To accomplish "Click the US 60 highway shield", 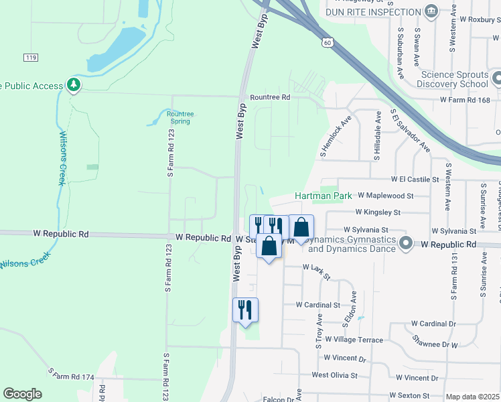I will click(326, 42).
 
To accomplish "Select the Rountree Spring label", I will click(180, 117).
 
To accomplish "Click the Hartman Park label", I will click(324, 196).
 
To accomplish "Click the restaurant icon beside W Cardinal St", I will click(245, 309).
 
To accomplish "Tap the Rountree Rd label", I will click(270, 97).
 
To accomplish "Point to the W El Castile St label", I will click(415, 180).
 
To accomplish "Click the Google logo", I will click(23, 394).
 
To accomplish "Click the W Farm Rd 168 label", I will click(466, 100).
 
